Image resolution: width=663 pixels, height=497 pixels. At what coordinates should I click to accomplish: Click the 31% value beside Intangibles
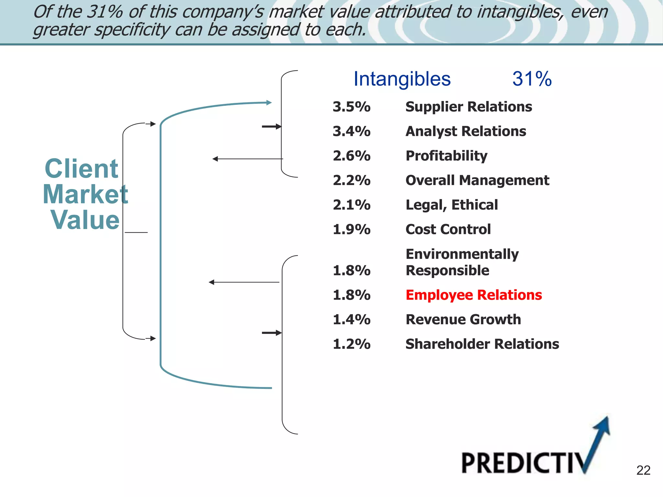click(x=532, y=79)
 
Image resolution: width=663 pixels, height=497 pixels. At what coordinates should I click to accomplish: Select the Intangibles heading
click(x=402, y=79)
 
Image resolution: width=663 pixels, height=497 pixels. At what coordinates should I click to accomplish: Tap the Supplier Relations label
click(x=468, y=107)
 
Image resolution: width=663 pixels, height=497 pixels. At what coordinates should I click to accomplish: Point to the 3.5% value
click(x=352, y=107)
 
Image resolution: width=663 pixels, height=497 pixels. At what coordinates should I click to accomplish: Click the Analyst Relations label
click(x=466, y=131)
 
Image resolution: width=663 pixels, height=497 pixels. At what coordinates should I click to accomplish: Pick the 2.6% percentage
click(x=352, y=156)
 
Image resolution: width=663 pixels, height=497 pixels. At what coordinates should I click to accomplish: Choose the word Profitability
click(x=446, y=156)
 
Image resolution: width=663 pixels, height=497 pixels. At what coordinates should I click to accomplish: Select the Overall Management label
click(x=477, y=180)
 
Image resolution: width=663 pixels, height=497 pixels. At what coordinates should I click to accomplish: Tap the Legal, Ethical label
click(x=452, y=205)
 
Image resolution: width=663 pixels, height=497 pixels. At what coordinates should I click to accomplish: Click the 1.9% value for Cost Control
click(x=352, y=229)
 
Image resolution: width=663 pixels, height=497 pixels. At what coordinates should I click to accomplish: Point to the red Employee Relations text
click(x=474, y=295)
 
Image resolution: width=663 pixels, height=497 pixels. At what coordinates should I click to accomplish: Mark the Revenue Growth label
click(x=463, y=320)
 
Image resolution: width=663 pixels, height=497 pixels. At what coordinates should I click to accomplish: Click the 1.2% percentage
click(x=352, y=344)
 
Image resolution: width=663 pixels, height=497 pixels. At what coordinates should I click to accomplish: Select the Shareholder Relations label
click(x=482, y=344)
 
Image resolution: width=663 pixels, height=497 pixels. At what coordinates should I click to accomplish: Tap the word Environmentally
click(x=462, y=254)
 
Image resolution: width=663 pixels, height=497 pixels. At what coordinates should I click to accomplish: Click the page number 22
click(x=643, y=470)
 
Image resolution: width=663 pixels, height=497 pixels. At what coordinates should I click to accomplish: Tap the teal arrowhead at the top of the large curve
click(x=269, y=103)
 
